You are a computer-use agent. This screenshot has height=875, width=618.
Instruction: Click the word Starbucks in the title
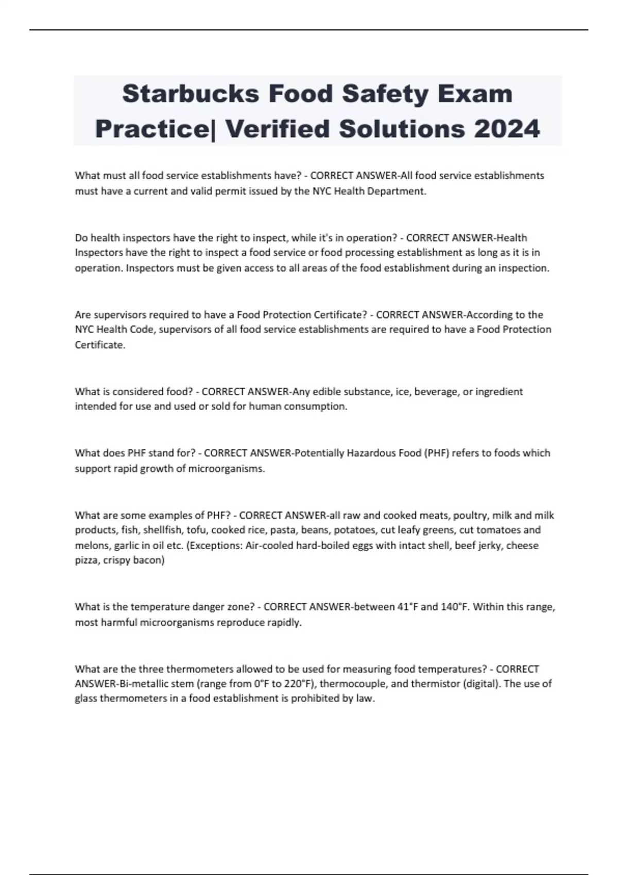tap(190, 94)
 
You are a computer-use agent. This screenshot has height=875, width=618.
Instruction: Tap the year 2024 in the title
tap(507, 129)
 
